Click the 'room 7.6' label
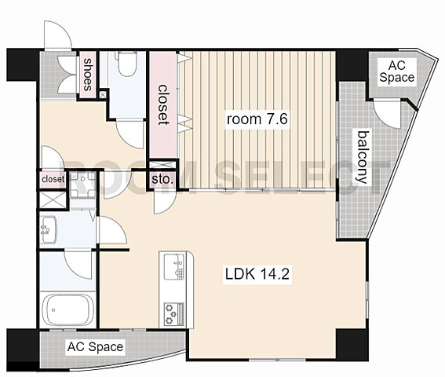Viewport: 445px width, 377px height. tap(257, 119)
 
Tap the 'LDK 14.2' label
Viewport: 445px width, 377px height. tap(257, 274)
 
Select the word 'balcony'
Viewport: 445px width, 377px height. tap(363, 157)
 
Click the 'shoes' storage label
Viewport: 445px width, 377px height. tap(88, 75)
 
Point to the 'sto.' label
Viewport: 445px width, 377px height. tap(162, 179)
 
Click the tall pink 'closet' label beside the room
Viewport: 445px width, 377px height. tap(163, 104)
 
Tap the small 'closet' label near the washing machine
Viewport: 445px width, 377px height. tap(53, 179)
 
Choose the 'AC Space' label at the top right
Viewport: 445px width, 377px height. tap(397, 71)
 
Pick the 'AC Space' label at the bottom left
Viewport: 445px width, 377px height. tap(96, 347)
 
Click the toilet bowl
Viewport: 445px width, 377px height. tap(126, 64)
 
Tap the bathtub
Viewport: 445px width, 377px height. tap(67, 310)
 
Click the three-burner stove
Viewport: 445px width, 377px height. tap(174, 313)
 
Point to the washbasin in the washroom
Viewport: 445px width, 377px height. tap(48, 229)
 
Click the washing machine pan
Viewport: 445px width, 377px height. tap(82, 185)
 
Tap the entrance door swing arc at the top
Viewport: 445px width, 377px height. tap(58, 35)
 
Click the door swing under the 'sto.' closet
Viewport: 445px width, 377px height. tap(164, 202)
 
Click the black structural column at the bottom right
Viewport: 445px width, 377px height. tap(352, 345)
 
